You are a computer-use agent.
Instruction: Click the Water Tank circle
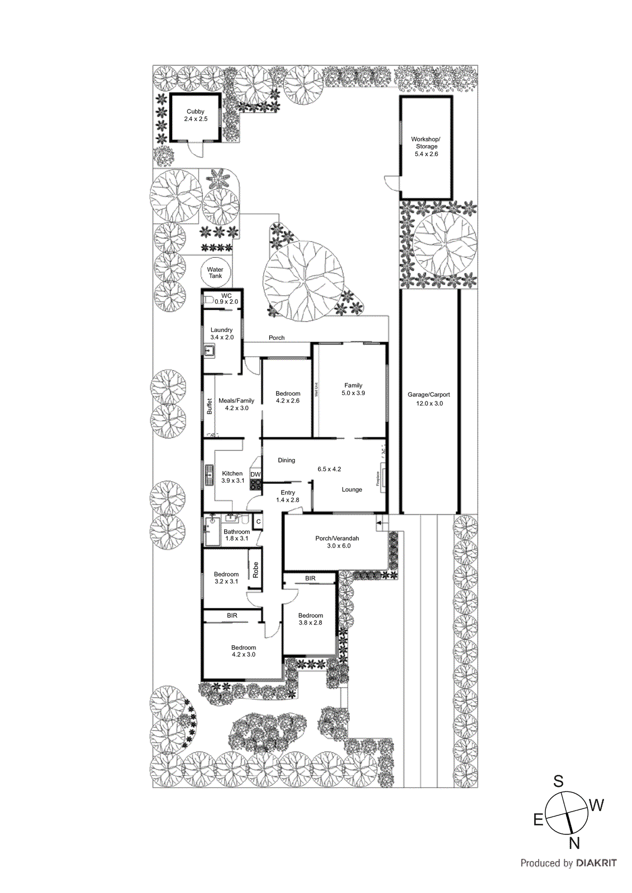click(x=215, y=273)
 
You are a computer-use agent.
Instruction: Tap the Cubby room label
click(x=196, y=115)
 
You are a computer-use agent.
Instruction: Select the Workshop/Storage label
click(x=426, y=146)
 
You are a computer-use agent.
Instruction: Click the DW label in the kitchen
click(x=255, y=474)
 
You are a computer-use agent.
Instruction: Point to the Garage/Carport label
click(x=429, y=399)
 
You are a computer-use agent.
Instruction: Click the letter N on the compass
click(x=574, y=843)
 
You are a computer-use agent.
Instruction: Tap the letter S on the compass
click(x=558, y=781)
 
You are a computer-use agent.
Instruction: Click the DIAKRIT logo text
click(x=596, y=863)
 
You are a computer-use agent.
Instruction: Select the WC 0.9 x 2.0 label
click(x=226, y=299)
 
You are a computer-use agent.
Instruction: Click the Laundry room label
click(x=222, y=333)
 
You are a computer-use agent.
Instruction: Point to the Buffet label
click(x=210, y=406)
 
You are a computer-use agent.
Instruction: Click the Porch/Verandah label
click(x=337, y=542)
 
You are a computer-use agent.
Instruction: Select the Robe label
click(x=256, y=569)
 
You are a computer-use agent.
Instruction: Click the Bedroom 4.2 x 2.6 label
click(x=288, y=397)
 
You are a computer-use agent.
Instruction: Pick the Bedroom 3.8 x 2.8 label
click(x=310, y=619)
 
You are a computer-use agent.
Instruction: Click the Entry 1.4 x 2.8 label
click(x=288, y=496)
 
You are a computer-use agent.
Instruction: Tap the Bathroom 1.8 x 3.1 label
click(x=236, y=535)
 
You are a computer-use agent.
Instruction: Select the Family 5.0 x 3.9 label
click(x=353, y=389)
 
